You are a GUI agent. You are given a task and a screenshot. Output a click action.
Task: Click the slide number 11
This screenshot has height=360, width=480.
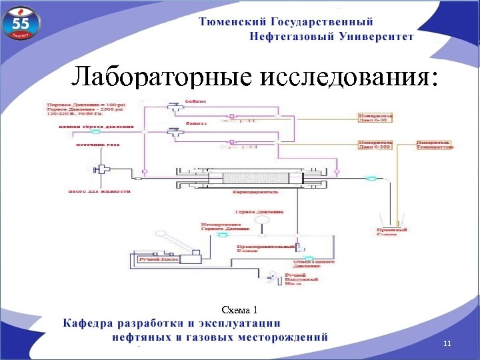(447, 343)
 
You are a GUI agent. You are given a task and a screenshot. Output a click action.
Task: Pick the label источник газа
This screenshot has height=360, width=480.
(98, 144)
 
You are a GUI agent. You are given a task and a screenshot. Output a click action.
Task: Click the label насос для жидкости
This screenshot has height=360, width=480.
(100, 191)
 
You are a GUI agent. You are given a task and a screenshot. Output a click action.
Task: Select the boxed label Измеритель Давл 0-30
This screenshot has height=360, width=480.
(376, 118)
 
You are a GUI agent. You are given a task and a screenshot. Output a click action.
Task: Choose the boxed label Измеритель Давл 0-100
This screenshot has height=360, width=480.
(376, 145)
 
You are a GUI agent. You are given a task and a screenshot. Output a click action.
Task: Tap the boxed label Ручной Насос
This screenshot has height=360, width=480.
(155, 259)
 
